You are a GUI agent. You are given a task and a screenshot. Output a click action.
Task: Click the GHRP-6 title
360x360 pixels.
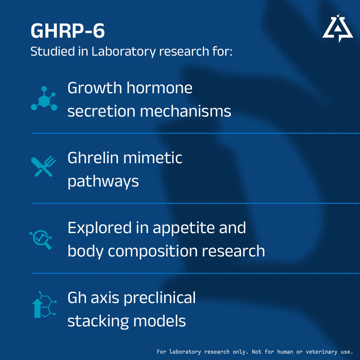68,31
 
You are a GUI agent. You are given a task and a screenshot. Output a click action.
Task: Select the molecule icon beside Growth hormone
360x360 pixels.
44,99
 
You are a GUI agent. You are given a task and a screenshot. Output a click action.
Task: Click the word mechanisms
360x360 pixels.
185,111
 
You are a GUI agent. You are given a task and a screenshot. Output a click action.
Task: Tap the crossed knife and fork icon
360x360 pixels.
43,166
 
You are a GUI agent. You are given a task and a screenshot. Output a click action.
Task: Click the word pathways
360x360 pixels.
103,182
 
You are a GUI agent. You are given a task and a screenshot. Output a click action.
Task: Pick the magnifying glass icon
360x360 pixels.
41,239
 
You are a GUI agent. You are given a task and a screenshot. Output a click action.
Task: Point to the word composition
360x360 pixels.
153,251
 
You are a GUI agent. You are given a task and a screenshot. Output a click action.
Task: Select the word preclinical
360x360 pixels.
160,298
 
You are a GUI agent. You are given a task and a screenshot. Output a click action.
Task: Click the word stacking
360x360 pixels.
98,321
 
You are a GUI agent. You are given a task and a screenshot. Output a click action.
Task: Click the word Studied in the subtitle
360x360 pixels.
53,51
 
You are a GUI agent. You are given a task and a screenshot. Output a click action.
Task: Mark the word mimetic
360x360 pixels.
153,158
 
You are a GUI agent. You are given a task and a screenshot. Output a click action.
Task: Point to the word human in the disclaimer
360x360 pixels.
285,352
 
